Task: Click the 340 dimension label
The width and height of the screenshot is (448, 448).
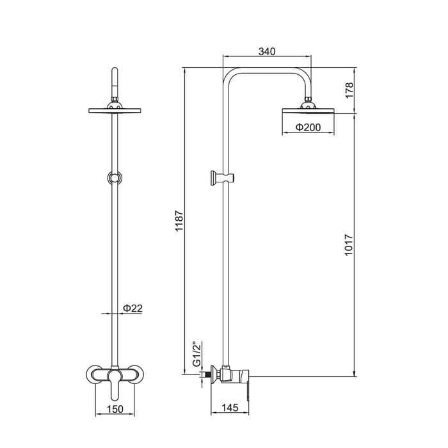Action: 267,51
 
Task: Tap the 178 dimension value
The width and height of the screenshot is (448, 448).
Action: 349,90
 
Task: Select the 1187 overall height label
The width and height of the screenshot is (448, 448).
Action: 179,221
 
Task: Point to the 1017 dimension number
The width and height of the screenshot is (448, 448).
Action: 349,245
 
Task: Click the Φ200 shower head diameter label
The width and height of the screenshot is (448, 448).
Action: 308,127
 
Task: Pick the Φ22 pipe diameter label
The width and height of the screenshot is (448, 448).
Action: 132,308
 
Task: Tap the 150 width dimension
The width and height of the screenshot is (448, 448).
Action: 115,409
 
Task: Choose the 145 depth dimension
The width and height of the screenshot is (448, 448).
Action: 230,408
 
